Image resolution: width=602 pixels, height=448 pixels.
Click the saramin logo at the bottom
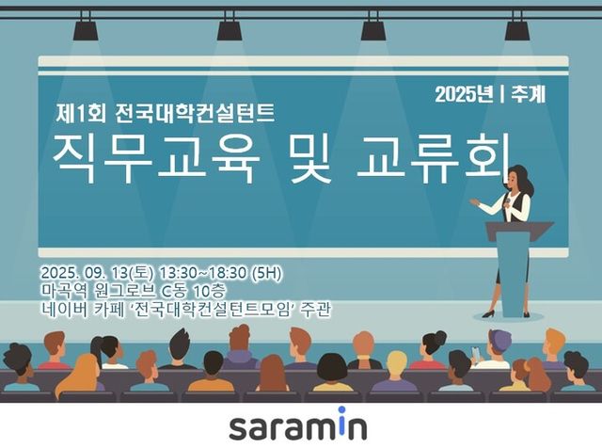pos(300,424)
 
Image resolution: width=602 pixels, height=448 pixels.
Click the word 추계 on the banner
pos(530,94)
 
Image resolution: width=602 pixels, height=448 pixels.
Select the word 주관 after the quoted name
pos(316,310)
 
